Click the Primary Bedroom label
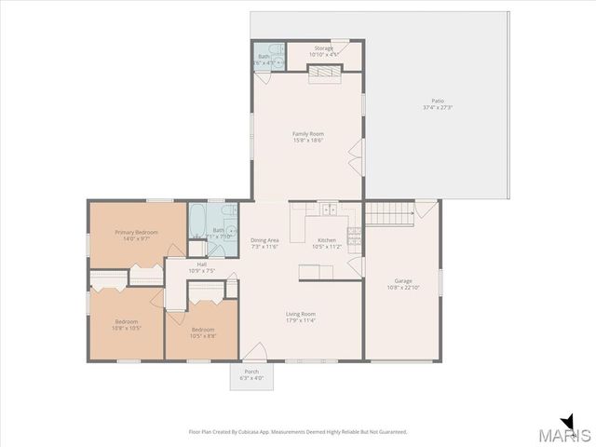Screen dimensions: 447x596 136,232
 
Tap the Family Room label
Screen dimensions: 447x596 308,134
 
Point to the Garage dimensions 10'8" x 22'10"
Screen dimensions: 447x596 403,287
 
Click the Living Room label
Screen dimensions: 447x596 301,314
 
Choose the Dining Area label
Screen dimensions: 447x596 264,240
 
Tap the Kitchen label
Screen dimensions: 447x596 327,240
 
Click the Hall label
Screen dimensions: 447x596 202,264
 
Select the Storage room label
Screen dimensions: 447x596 323,47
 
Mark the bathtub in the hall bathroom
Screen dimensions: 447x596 199,222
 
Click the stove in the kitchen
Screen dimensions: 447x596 354,236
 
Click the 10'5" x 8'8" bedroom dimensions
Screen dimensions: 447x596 203,334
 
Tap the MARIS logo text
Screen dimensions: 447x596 569,436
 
